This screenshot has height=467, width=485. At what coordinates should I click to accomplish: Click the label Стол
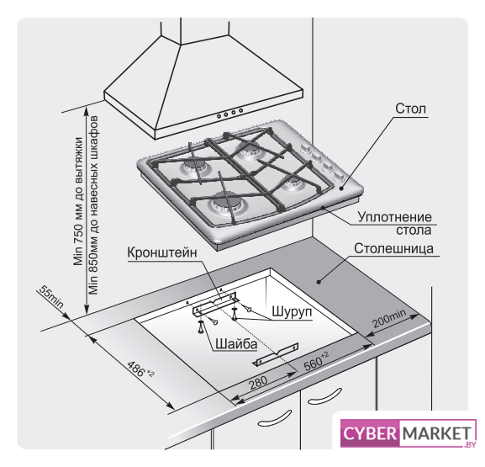point(410,109)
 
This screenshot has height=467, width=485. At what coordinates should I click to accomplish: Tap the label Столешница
point(393,249)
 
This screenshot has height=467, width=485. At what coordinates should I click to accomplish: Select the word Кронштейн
point(162,252)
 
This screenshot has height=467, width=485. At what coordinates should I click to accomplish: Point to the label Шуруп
point(292,311)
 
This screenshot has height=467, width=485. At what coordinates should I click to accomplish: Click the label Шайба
point(236,344)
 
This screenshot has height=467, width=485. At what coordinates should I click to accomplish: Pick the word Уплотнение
point(394,217)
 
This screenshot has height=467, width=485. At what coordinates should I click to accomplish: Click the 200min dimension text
point(389,318)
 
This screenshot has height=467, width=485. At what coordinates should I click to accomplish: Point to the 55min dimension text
point(51,297)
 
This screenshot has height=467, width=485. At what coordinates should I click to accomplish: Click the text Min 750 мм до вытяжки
point(78,201)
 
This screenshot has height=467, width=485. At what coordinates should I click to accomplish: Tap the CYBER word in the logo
point(369,433)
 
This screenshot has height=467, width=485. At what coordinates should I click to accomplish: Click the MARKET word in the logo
point(437,433)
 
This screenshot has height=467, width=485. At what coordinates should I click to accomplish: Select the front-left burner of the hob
point(225,204)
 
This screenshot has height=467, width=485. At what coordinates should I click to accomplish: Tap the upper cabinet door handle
point(324,396)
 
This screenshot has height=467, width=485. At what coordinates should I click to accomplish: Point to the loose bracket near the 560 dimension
point(276,354)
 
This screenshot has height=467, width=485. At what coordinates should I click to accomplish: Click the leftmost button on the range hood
point(219,116)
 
